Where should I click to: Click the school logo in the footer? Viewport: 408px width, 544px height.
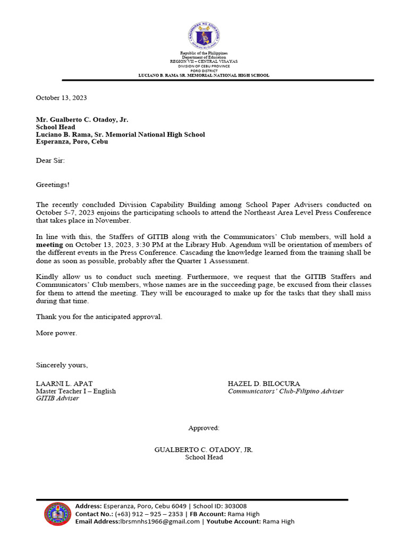click(57, 514)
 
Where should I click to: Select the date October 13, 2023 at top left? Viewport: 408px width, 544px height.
click(61, 98)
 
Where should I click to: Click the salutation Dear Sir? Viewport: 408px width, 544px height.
click(50, 160)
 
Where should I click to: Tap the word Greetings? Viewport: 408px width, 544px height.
click(53, 184)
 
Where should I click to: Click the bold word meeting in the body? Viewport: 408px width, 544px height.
click(49, 244)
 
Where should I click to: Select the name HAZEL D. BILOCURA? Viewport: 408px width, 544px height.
click(263, 384)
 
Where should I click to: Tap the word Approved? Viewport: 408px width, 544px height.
click(203, 428)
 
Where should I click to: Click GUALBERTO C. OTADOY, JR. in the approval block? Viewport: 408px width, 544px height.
click(203, 449)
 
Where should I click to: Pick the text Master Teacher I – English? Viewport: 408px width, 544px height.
click(75, 391)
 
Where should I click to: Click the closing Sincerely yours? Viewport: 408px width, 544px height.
click(62, 365)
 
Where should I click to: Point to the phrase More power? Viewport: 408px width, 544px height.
click(56, 333)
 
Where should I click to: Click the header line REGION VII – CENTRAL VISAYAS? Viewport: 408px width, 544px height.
click(203, 62)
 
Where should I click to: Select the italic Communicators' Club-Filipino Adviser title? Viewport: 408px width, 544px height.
click(285, 391)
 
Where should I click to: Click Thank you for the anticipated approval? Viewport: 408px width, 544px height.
click(99, 317)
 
